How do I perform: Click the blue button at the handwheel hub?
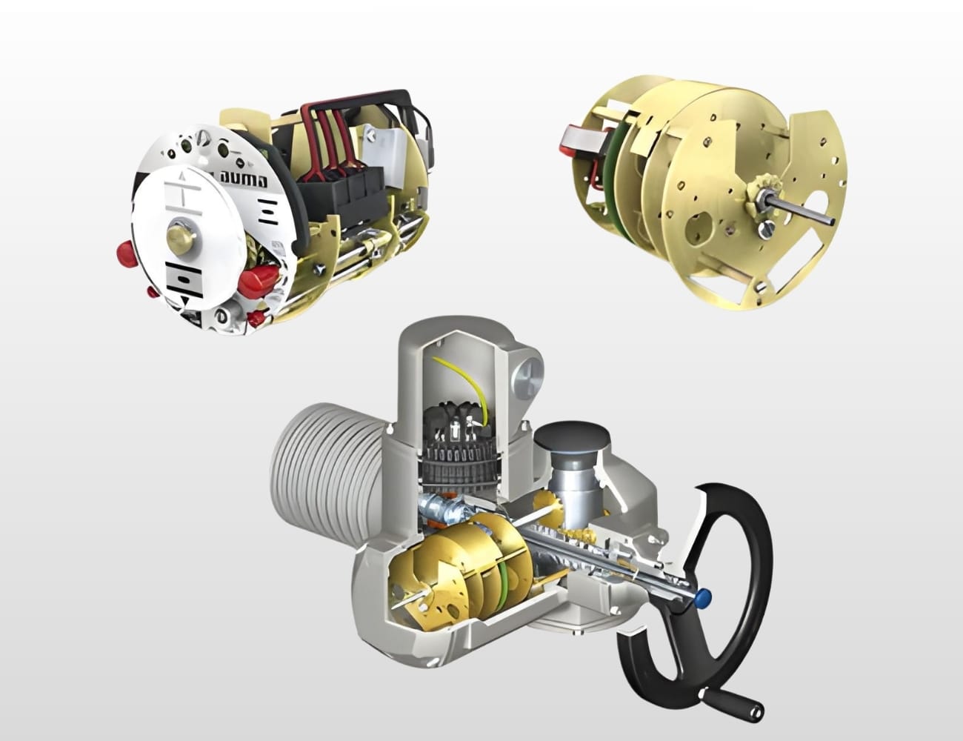(704, 596)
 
